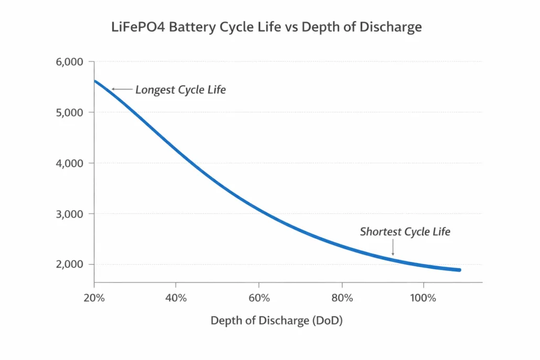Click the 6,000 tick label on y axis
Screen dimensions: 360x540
(69, 62)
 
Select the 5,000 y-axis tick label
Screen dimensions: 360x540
(69, 113)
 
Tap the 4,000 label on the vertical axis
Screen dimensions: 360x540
(69, 163)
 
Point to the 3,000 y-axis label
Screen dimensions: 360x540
(69, 214)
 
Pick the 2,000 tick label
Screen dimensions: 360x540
(69, 265)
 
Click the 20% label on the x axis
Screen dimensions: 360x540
(94, 298)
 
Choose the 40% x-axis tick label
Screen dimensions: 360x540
(176, 298)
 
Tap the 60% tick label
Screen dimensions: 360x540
(259, 298)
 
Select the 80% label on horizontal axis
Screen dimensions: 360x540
(342, 298)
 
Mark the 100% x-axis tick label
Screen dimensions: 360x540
(423, 298)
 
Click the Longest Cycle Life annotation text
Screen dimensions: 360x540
(180, 90)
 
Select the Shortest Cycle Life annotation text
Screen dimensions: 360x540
(405, 232)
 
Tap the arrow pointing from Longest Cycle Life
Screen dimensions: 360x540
(122, 90)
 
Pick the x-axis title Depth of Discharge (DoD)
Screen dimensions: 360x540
(276, 321)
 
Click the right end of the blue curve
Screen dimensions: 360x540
(459, 270)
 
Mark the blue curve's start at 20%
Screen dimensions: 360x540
(95, 81)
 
